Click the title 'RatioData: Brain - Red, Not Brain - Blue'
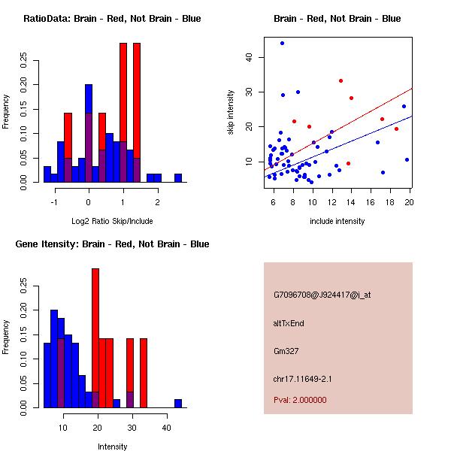[112, 19]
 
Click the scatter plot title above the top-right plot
[337, 19]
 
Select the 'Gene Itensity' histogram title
[112, 244]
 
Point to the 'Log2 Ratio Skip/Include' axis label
[111, 221]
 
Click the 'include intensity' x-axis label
[338, 221]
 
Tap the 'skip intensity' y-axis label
[232, 112]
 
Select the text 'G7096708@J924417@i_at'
[322, 295]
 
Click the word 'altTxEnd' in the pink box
[289, 323]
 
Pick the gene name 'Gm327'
[286, 351]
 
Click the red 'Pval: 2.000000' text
[300, 400]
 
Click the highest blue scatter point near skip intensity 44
[282, 44]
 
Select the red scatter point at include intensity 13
[341, 80]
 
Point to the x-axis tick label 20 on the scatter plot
[409, 201]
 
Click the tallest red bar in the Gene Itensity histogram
[95, 338]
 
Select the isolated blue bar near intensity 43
[178, 403]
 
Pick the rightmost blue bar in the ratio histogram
[178, 177]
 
